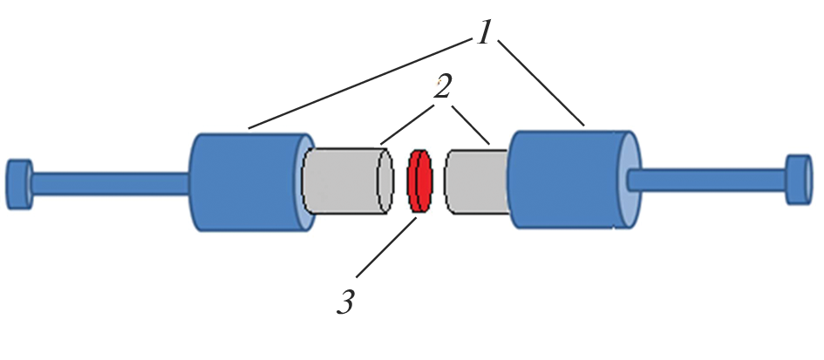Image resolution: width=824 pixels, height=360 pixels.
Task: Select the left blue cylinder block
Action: click(x=244, y=181)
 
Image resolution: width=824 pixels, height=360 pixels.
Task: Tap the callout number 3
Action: click(x=346, y=302)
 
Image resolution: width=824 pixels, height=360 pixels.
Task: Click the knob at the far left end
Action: click(x=19, y=183)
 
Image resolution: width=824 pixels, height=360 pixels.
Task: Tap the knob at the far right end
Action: click(x=798, y=180)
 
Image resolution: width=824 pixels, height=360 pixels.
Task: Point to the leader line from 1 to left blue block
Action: click(x=358, y=86)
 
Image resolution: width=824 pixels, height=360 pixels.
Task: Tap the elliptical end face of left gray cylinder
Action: click(x=384, y=180)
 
